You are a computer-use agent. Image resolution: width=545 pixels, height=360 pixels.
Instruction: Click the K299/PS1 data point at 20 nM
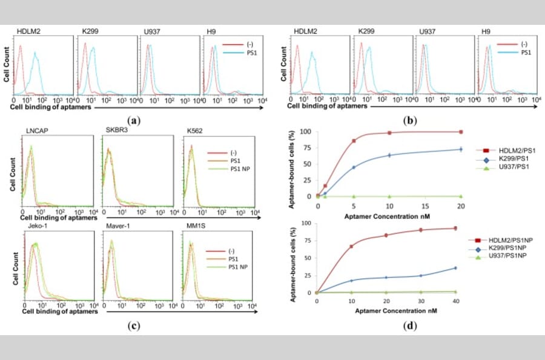coord(461,149)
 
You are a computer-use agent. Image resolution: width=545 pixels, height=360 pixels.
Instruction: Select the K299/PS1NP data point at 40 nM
coord(455,268)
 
